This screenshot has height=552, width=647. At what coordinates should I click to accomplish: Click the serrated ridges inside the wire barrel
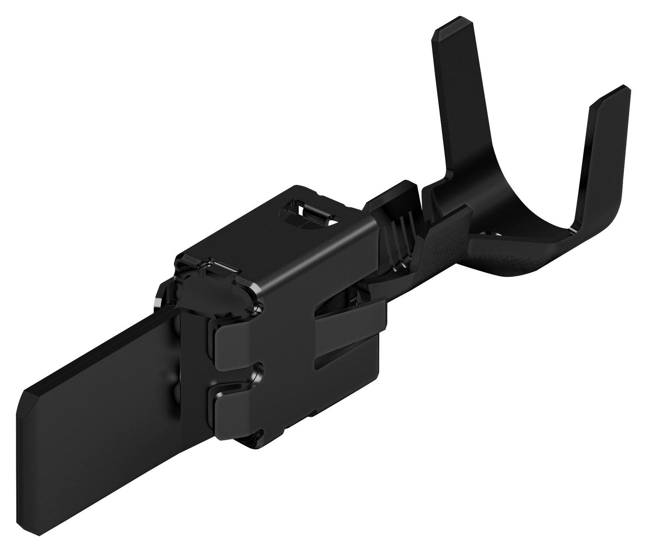(398, 238)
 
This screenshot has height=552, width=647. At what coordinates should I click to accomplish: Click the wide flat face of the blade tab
(101, 424)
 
